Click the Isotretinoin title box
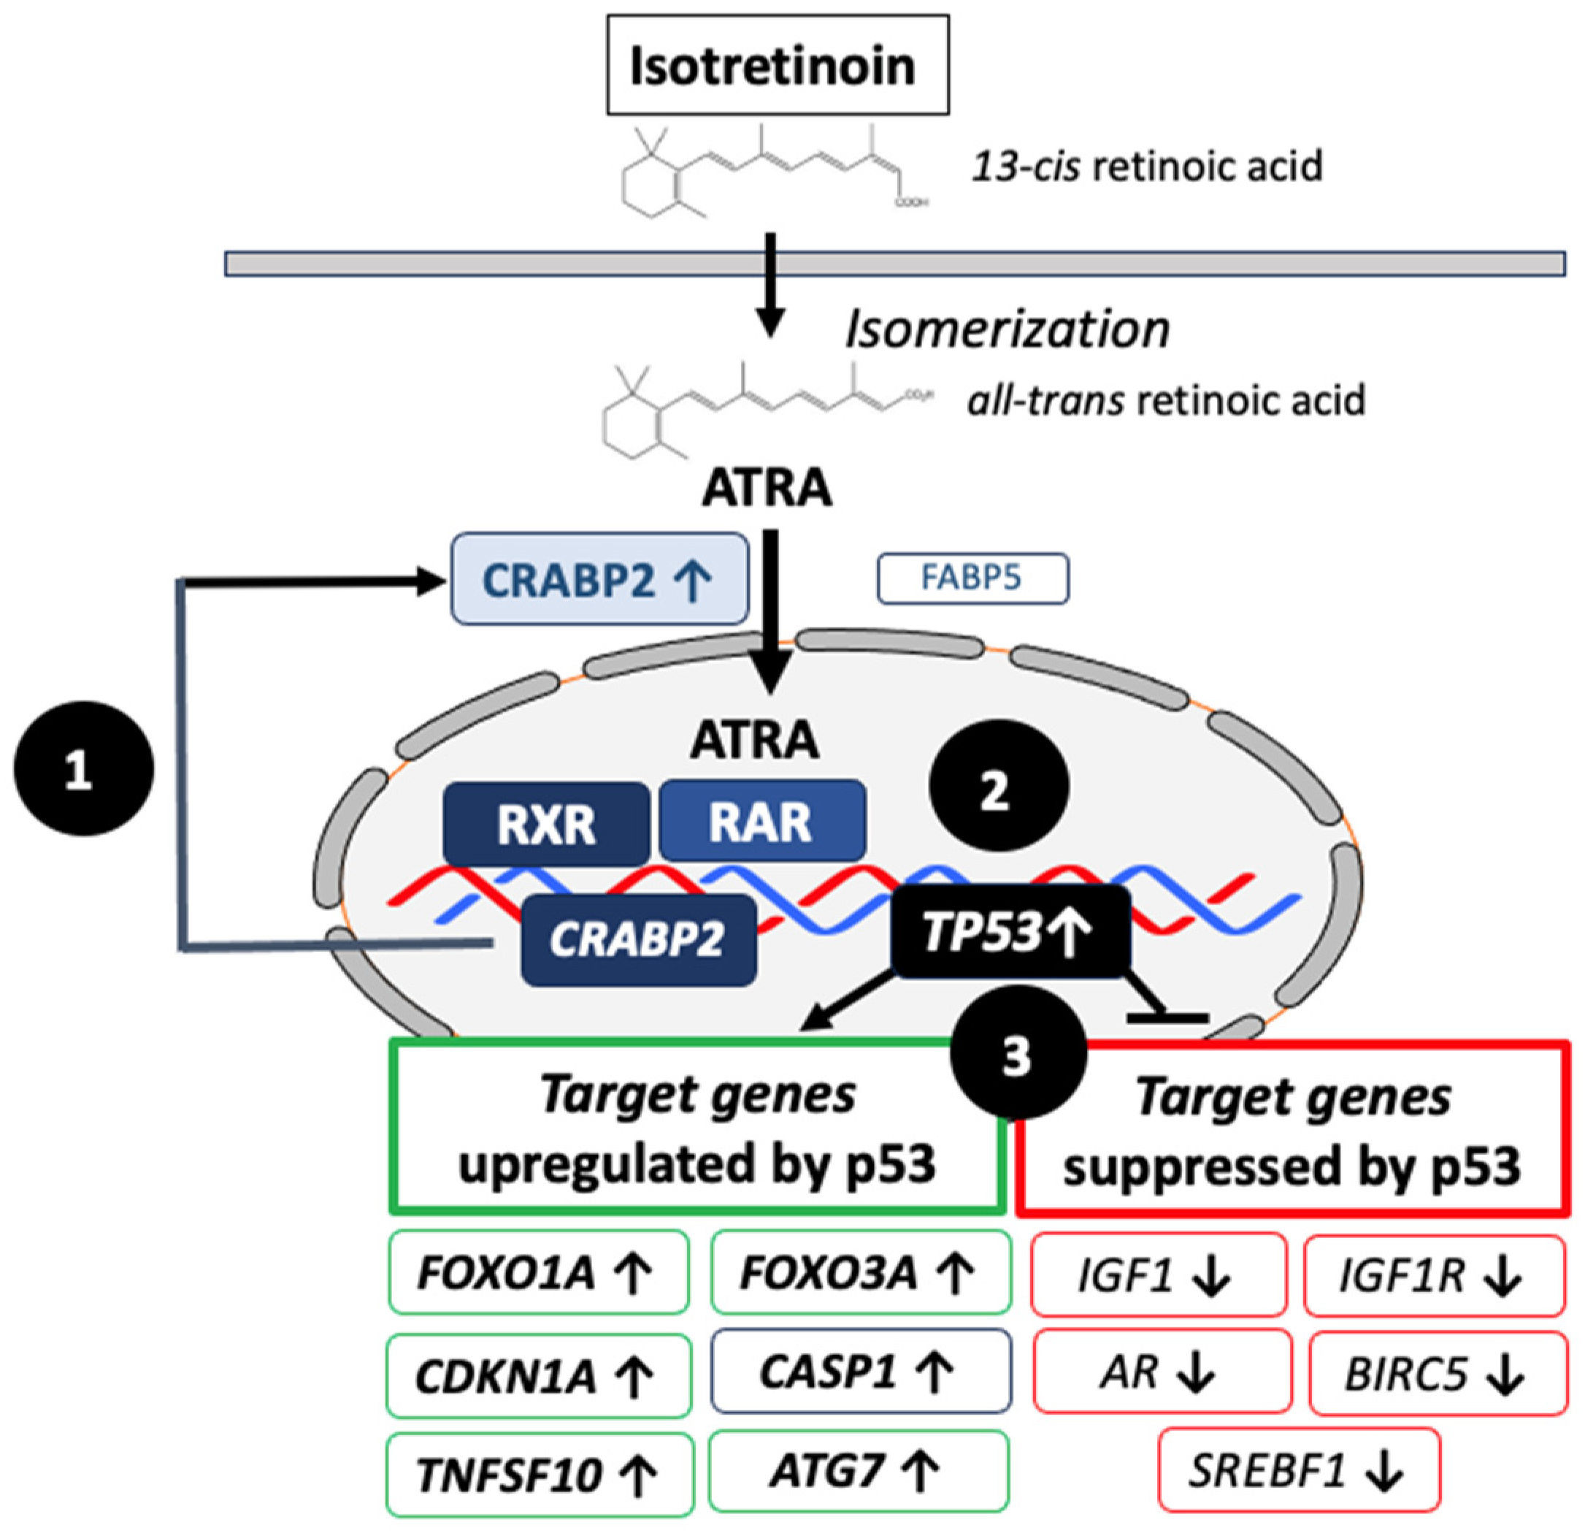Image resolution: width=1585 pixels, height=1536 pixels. [777, 65]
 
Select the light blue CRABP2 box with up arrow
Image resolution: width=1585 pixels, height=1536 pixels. [599, 579]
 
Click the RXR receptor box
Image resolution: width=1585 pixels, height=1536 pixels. [546, 824]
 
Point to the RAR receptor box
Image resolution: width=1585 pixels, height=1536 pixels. [761, 821]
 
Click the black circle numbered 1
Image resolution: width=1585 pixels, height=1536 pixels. [83, 768]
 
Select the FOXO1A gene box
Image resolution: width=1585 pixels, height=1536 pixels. [538, 1273]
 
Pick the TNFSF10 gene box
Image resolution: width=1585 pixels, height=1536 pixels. [540, 1474]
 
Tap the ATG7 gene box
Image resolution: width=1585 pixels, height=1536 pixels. [858, 1470]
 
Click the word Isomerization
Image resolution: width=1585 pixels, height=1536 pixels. [1007, 331]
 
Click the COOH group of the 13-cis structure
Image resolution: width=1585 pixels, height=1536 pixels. [912, 202]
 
